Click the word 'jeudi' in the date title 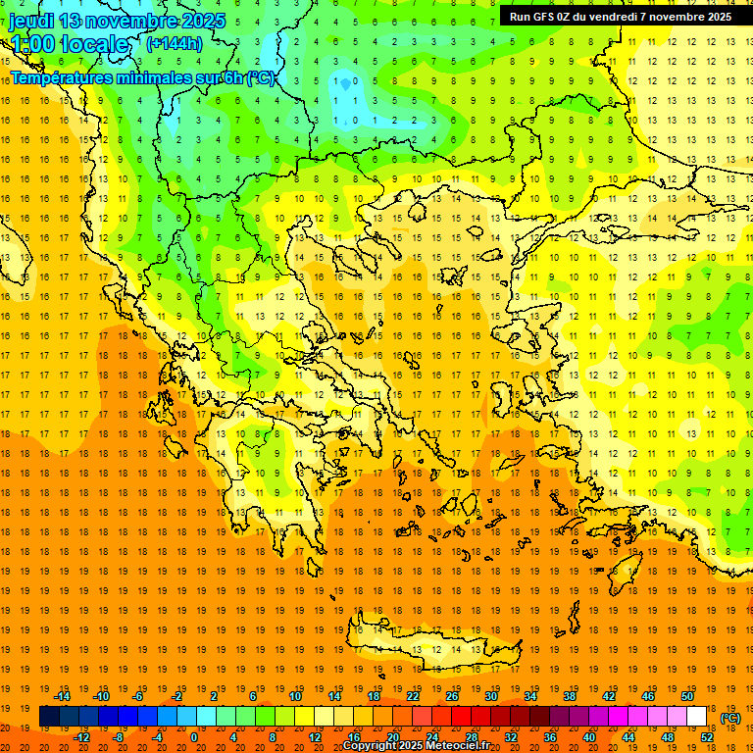coord(30,21)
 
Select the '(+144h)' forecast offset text coord(174,43)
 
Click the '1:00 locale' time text coord(69,44)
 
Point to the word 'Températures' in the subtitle coord(63,76)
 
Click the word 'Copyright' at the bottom coord(369,746)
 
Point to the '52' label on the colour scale coord(707,737)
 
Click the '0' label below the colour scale coord(194,737)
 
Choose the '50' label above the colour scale coord(687,696)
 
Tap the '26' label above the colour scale coord(452,696)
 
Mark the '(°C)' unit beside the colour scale coord(730,718)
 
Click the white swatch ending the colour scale coord(697,717)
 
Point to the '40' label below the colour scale coord(589,737)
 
